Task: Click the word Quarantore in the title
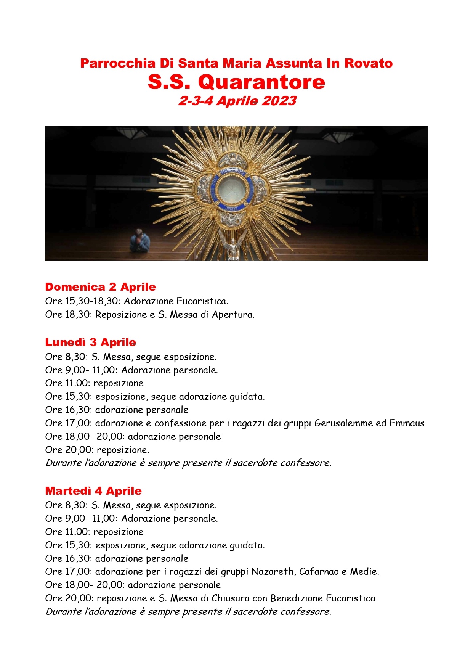tap(261, 82)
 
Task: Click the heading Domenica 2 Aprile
tap(100, 287)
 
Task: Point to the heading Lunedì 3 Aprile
tap(90, 342)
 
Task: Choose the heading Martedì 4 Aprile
tap(93, 491)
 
